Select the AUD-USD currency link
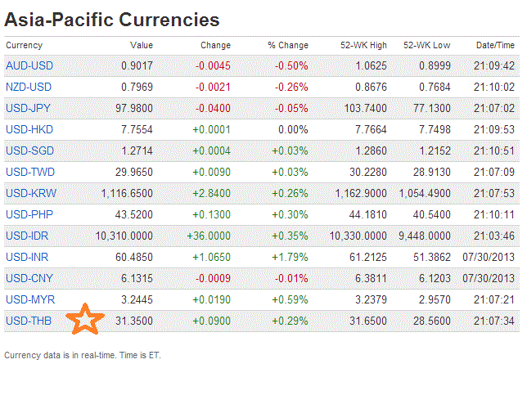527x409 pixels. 29,66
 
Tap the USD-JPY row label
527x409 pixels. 29,108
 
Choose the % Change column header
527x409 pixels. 288,45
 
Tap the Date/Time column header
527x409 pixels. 495,45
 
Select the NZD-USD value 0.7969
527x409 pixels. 135,87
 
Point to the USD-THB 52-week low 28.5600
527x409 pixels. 426,321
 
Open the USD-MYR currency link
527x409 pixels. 30,299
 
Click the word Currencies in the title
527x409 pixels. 169,19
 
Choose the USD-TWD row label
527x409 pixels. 30,172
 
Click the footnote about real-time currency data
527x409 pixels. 81,355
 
